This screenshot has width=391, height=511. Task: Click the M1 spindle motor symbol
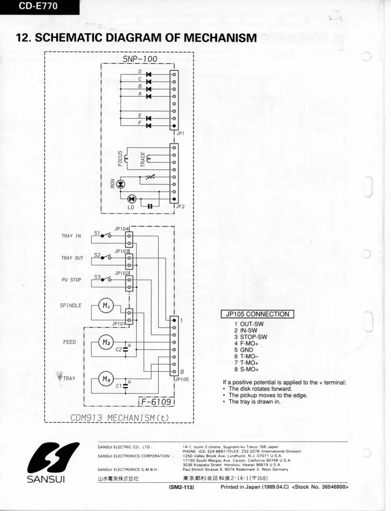coord(106,305)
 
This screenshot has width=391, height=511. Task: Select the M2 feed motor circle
coord(106,342)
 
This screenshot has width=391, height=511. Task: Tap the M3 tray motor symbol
coord(106,379)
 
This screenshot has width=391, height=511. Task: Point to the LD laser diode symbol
coord(131,199)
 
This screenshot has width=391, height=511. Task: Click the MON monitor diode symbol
coord(121,184)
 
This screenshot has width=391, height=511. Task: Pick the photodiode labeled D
coord(149,74)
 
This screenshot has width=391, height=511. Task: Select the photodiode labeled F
coord(149,125)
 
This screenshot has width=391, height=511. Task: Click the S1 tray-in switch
coord(106,236)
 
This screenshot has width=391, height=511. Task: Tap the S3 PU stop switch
coord(106,280)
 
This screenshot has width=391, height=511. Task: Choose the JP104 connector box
coord(129,239)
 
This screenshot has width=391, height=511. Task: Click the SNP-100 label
coord(140,59)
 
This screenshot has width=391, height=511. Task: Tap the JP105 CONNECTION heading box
coord(257,314)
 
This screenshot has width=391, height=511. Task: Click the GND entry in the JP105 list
coord(246,350)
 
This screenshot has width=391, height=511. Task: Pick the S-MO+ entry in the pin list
coord(249,369)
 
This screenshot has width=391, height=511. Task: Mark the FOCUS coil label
coord(120,158)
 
